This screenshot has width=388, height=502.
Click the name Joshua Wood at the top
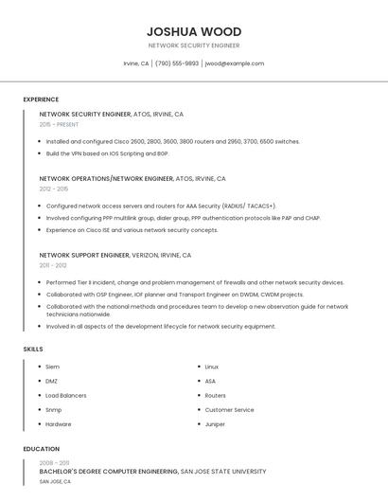pos(194,31)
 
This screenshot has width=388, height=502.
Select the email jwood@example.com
pos(234,63)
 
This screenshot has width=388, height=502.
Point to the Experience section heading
pos(41,99)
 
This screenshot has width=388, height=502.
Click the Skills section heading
pos(32,350)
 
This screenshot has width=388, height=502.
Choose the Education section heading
pos(41,449)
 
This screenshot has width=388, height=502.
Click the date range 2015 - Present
pos(60,124)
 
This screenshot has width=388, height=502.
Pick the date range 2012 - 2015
pos(54,188)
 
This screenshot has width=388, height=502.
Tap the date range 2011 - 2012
pos(53,265)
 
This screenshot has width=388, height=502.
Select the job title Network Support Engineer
pos(84,255)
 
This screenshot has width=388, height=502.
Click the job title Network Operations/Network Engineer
pos(106,178)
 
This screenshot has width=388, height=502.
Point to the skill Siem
pos(53,367)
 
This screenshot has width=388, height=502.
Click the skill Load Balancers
pos(66,395)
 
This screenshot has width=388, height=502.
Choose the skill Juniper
pos(215,424)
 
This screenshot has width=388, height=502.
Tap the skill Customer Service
pos(229,410)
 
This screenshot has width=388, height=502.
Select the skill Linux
pos(212,367)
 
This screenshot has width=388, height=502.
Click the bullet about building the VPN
pos(107,152)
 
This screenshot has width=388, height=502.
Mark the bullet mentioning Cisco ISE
pos(132,229)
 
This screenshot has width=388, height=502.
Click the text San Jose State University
pos(223,471)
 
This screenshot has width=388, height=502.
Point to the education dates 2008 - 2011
pos(55,461)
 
